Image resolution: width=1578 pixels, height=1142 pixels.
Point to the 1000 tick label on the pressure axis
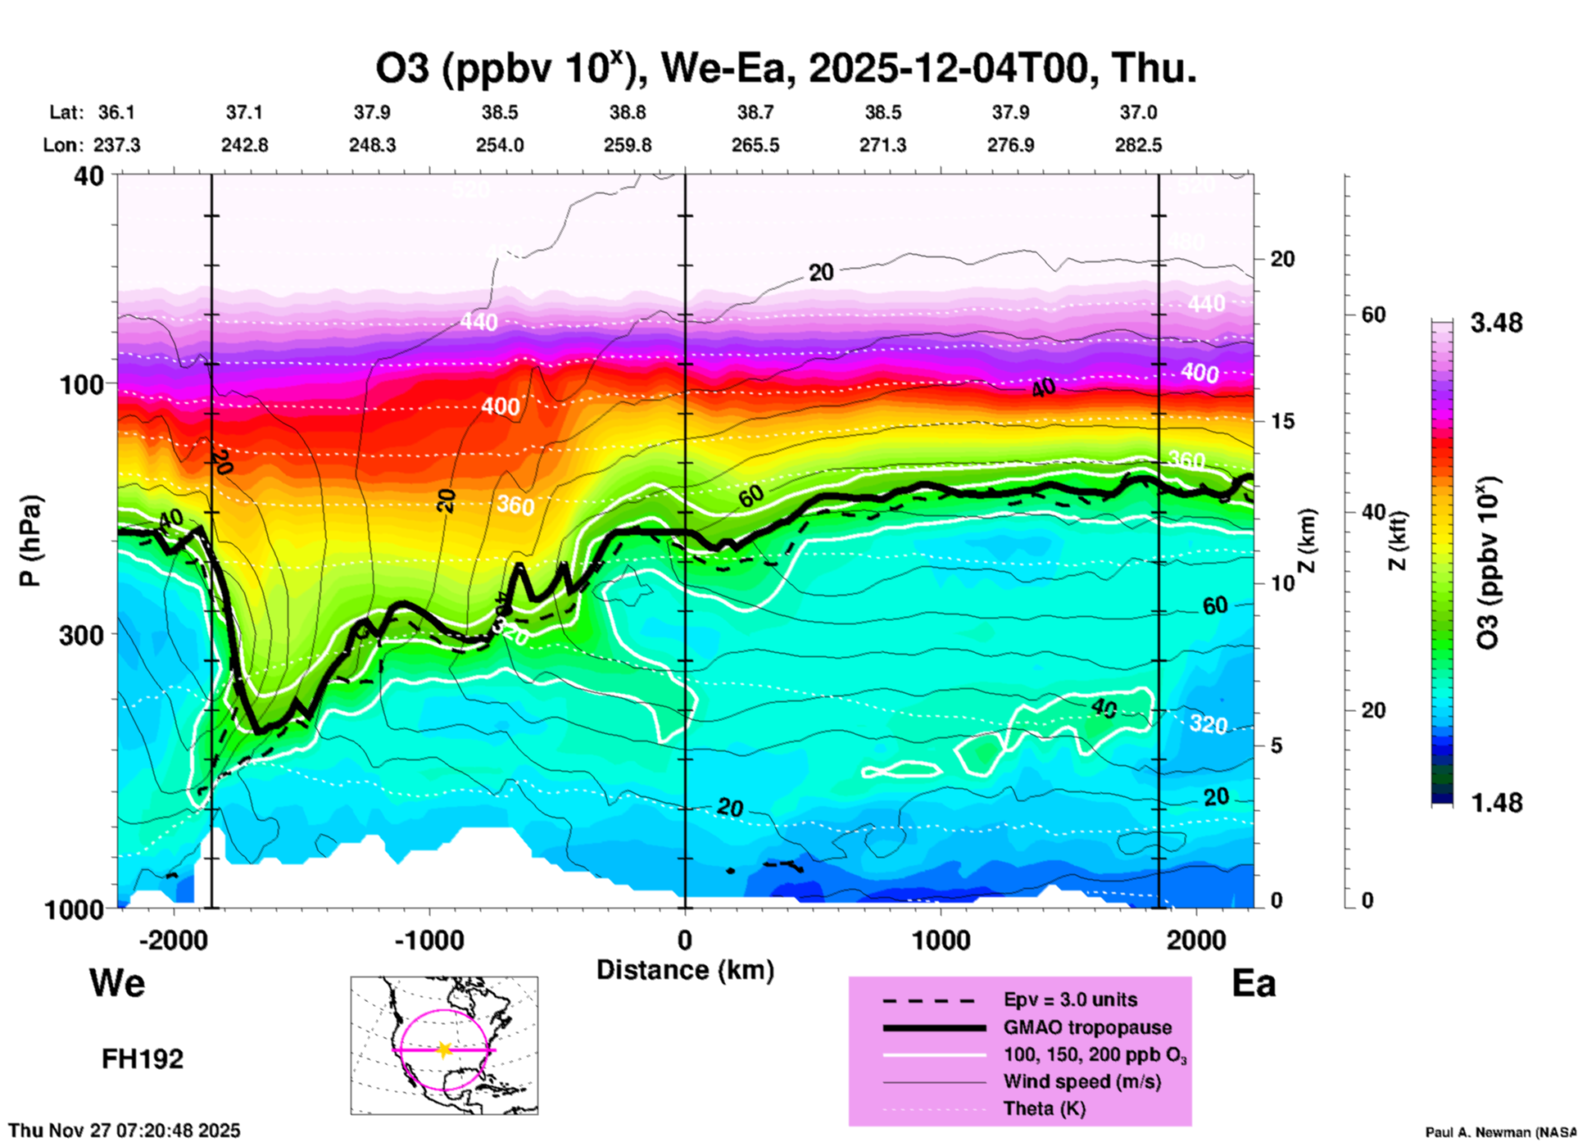73,909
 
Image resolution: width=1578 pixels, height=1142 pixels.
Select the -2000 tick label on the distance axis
173,940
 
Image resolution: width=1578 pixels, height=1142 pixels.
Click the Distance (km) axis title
685,970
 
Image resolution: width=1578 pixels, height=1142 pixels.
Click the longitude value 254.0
500,145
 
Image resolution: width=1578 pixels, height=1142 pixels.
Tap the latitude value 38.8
628,112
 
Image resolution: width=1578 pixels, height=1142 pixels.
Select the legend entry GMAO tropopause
1087,1027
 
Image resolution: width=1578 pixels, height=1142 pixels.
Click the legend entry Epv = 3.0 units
1070,1000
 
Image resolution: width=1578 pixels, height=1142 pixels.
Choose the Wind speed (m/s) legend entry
1081,1082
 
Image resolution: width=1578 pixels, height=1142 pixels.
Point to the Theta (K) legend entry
1044,1109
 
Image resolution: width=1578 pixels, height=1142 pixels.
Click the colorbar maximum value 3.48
1496,323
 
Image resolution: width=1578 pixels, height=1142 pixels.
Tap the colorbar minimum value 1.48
1496,802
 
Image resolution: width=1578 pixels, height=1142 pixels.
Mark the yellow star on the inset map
444,1049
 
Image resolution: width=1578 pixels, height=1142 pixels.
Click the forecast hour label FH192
143,1059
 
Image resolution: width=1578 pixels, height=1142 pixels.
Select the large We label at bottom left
117,983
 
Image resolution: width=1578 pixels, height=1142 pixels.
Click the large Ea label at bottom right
1254,983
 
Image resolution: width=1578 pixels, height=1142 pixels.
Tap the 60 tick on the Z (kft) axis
1373,315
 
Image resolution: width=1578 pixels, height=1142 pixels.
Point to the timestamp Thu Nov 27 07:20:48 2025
125,1131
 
